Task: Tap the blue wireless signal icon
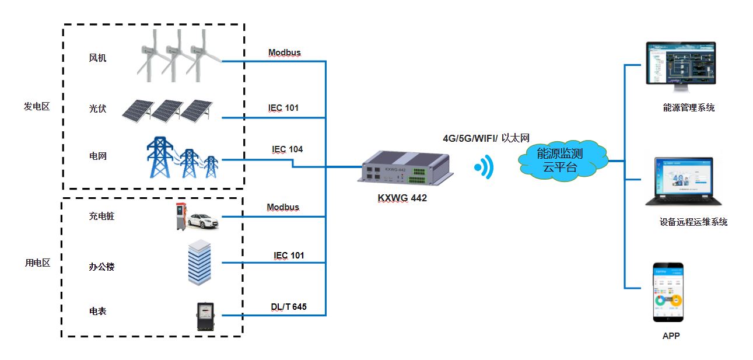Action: pyautogui.click(x=484, y=168)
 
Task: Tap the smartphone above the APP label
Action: pyautogui.click(x=668, y=292)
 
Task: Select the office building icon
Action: pyautogui.click(x=198, y=262)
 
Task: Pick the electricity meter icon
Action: pyautogui.click(x=205, y=317)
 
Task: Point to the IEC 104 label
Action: pyautogui.click(x=287, y=149)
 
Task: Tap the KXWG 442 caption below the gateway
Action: pyautogui.click(x=402, y=198)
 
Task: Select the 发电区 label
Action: pyautogui.click(x=37, y=107)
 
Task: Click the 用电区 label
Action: pyautogui.click(x=37, y=263)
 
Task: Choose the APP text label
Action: pyautogui.click(x=671, y=336)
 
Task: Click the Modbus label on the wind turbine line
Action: pyautogui.click(x=284, y=53)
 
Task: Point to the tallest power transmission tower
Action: pyautogui.click(x=159, y=157)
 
